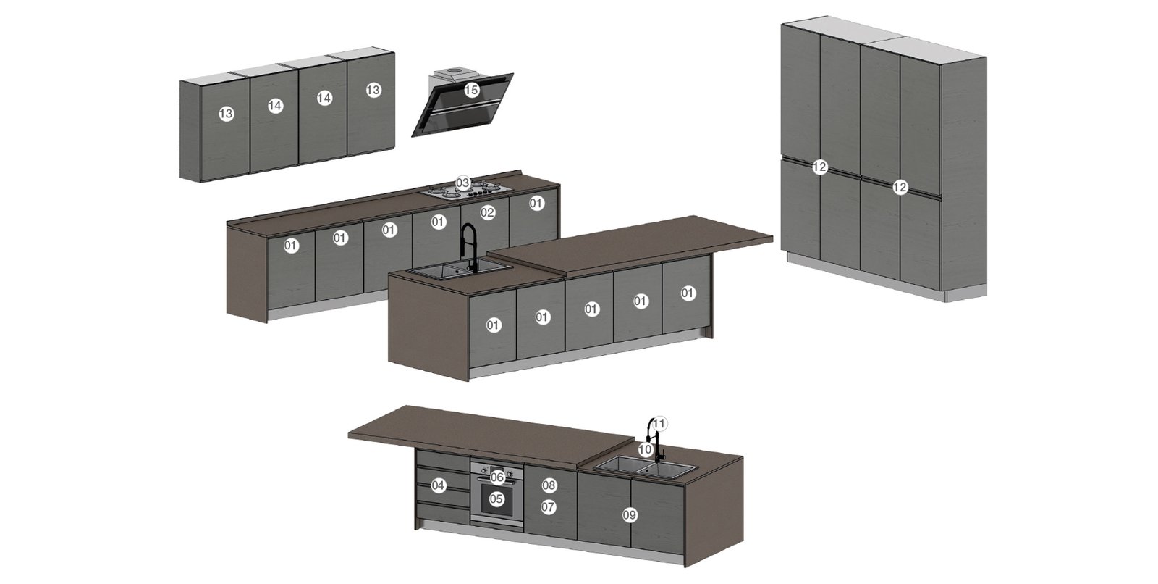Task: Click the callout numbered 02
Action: (487, 213)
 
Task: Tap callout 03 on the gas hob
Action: (462, 183)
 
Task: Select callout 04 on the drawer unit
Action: (439, 485)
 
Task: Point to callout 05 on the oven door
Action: (496, 499)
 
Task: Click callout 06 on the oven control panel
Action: (497, 477)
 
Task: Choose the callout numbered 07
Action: (548, 507)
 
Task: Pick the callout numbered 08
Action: (549, 485)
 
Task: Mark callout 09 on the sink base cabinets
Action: (629, 515)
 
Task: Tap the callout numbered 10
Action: (645, 449)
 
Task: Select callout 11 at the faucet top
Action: (659, 424)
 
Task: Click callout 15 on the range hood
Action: (471, 91)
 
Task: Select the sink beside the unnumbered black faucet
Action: (457, 270)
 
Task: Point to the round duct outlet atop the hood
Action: (455, 71)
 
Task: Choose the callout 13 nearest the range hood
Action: (373, 90)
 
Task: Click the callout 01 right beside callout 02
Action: (536, 204)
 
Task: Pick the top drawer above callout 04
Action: (442, 460)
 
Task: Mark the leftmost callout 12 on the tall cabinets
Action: (820, 167)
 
